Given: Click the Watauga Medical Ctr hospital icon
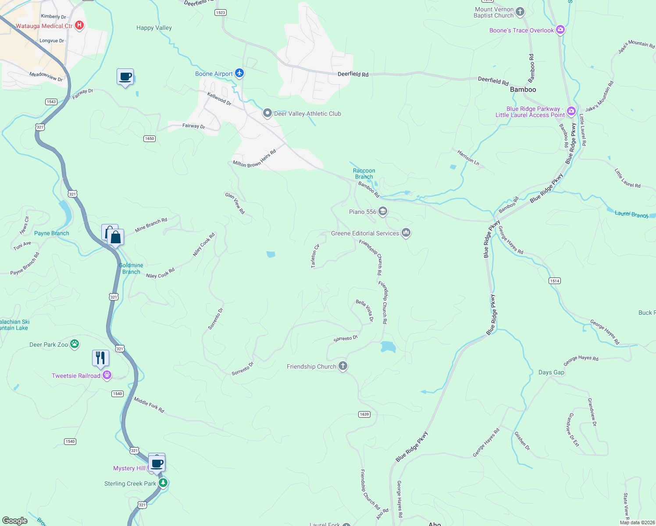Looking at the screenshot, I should click(79, 25).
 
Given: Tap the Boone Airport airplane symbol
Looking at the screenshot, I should click(239, 73).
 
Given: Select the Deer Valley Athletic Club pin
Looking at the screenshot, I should click(267, 113).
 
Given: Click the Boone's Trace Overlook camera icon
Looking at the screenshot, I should click(560, 30).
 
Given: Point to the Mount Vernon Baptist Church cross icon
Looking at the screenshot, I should click(520, 12).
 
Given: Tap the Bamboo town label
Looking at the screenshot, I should click(523, 89).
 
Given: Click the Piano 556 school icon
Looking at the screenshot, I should click(383, 212).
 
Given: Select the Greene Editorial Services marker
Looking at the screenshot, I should click(406, 233).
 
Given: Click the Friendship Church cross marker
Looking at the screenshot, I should click(343, 366).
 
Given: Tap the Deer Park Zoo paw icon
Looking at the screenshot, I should click(75, 344).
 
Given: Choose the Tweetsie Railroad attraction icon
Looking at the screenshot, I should click(107, 375).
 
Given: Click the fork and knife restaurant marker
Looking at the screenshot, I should click(100, 358).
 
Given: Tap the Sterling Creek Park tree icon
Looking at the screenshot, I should click(163, 483).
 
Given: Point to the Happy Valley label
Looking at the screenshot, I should click(154, 28).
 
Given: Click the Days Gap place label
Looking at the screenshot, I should click(551, 372).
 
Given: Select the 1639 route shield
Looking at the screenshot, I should click(364, 414).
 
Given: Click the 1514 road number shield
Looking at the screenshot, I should click(554, 281).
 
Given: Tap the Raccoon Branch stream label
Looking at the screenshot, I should click(364, 174).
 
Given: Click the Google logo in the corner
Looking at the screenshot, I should click(15, 520).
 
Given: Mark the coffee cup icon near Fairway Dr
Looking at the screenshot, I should click(125, 77).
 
